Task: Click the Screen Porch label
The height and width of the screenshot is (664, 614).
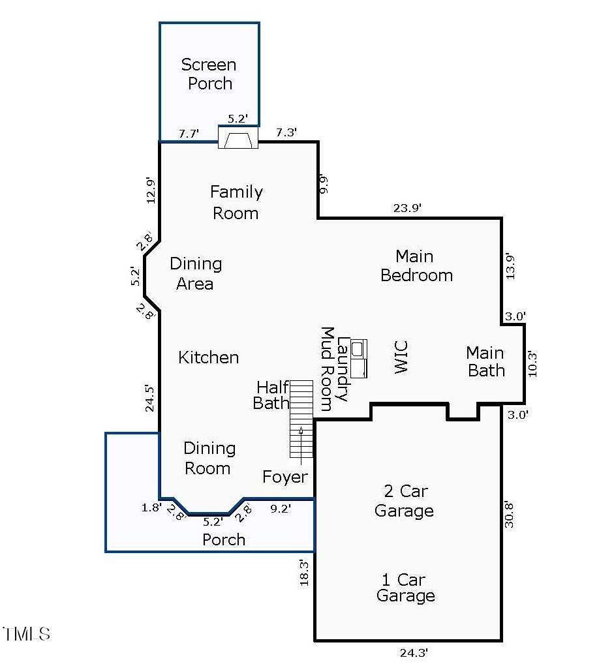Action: pos(209,74)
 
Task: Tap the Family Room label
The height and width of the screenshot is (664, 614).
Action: pos(236,202)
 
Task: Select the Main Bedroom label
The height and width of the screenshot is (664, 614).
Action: pos(416,266)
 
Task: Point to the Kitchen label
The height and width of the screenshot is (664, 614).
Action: pos(209,357)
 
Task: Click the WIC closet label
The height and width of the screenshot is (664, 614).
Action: pos(401,357)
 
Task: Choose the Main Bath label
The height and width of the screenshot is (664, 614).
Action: pos(485,361)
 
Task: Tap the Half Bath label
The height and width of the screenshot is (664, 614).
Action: pos(271,395)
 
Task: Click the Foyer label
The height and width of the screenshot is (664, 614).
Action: pos(284,477)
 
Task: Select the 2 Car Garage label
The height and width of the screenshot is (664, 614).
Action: pos(405,500)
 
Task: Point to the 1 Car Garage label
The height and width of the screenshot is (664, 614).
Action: pos(405,588)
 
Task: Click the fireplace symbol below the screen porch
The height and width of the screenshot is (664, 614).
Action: pos(238,137)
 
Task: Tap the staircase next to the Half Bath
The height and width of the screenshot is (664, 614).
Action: pos(301,419)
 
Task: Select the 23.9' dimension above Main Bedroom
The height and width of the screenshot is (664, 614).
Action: pos(407,208)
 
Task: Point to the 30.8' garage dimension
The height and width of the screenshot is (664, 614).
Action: pos(509,515)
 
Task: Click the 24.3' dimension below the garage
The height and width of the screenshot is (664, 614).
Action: pos(414,652)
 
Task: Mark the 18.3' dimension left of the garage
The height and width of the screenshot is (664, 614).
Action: pos(304,573)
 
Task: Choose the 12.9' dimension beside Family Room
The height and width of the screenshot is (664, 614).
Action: pos(151,190)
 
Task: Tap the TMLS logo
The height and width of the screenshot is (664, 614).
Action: pos(26,634)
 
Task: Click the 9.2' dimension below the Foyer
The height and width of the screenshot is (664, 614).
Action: pos(281,509)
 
